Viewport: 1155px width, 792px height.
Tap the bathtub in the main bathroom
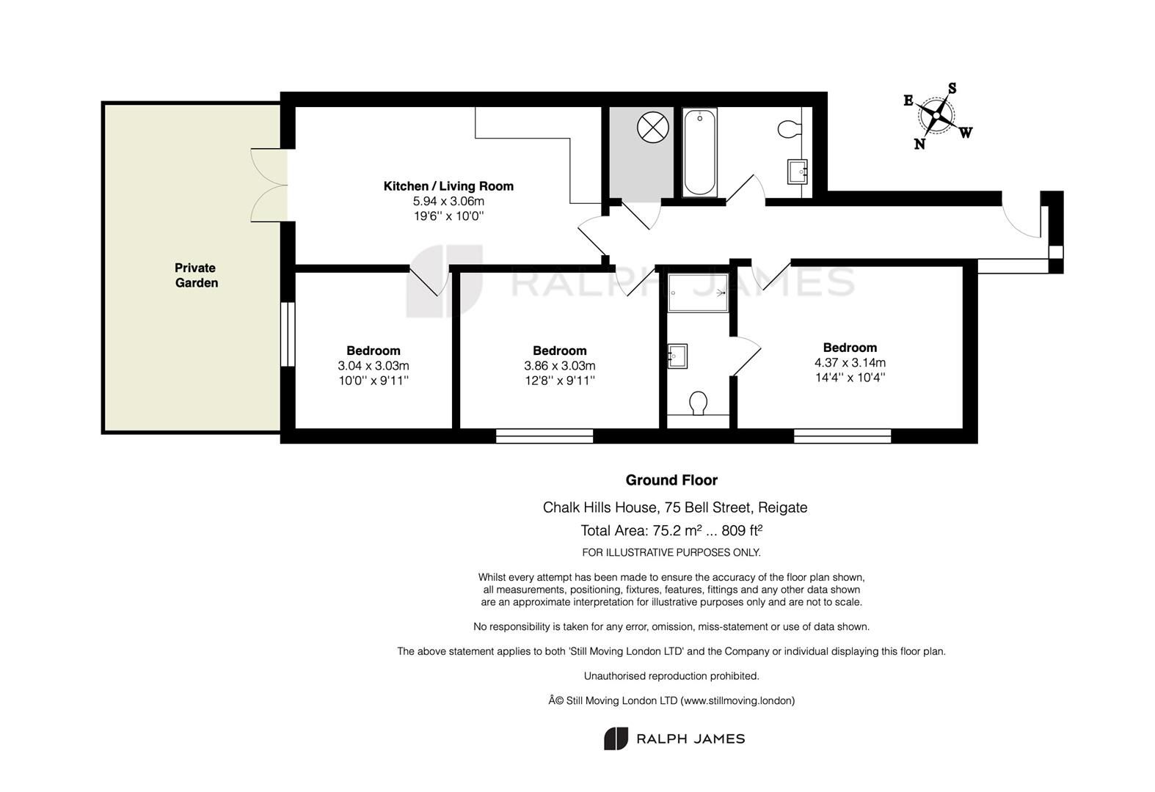tap(699, 152)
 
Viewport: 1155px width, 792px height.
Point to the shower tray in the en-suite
tap(698, 293)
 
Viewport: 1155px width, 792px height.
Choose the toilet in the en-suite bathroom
tap(699, 403)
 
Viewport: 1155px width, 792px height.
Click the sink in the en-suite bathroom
tap(677, 356)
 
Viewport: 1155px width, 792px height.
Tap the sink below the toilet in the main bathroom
tap(797, 172)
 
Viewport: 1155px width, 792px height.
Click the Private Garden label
tap(196, 275)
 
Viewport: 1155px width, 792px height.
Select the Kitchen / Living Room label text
tap(448, 186)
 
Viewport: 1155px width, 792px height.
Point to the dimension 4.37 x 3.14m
tap(850, 362)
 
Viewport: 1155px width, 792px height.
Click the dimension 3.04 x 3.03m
tap(374, 365)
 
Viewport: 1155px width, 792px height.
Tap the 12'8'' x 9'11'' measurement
tap(559, 381)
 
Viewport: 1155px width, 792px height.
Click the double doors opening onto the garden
tap(269, 185)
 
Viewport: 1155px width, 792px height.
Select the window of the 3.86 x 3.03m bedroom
tap(544, 436)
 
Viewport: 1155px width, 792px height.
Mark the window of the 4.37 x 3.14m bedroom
tap(842, 436)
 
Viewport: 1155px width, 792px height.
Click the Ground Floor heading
tap(671, 480)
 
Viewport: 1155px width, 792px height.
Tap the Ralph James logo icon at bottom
tap(616, 738)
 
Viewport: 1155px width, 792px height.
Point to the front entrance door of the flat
tap(1022, 221)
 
